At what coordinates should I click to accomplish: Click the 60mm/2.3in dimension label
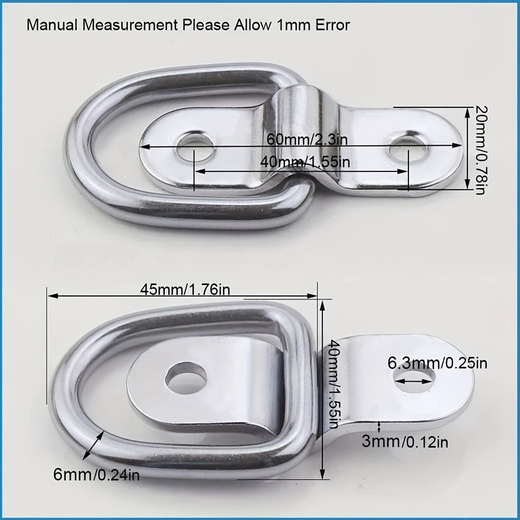(307, 139)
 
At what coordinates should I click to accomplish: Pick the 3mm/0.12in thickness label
(405, 441)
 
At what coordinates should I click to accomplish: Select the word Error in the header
(331, 25)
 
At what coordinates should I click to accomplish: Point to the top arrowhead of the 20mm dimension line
(467, 110)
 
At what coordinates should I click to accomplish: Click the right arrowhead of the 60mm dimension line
(460, 146)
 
